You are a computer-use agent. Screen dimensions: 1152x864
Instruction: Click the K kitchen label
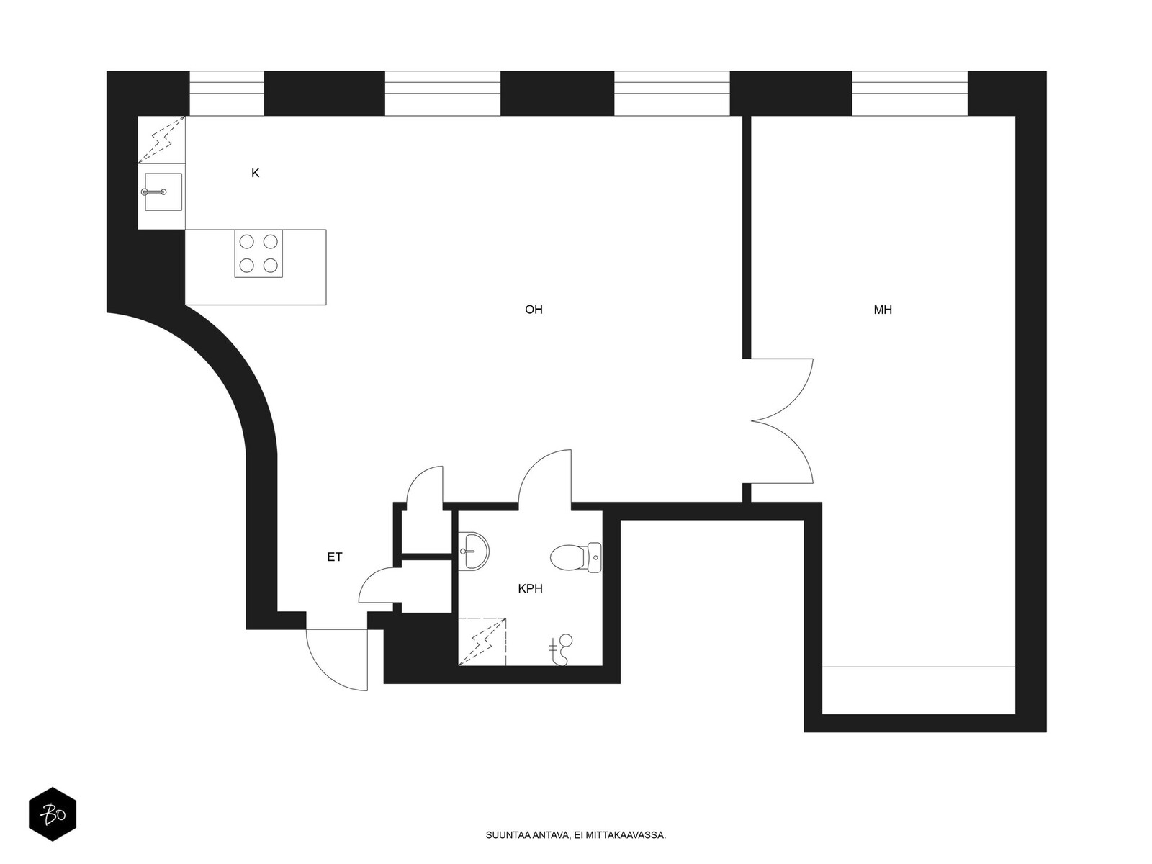tap(255, 173)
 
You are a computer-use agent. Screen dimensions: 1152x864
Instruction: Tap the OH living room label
tap(534, 310)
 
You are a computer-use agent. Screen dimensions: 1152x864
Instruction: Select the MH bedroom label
tap(882, 310)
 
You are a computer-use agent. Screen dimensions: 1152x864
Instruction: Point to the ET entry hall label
tap(334, 557)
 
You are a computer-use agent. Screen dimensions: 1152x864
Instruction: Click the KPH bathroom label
tap(530, 588)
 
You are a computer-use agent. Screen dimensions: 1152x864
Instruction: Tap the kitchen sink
tap(163, 192)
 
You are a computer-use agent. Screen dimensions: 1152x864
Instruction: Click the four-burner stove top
tap(258, 253)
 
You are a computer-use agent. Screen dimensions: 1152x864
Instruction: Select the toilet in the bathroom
tap(576, 557)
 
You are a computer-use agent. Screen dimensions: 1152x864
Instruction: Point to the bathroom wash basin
tap(473, 552)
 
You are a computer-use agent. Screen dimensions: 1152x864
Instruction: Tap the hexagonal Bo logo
tap(53, 814)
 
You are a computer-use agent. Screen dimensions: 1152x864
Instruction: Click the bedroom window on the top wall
tap(909, 94)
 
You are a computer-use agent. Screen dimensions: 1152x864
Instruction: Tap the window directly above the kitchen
tap(226, 94)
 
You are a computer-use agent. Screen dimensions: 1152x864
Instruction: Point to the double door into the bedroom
tap(781, 420)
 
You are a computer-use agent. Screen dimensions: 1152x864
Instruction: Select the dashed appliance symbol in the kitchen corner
tap(162, 140)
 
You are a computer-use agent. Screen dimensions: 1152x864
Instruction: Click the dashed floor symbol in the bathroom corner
tap(482, 642)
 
